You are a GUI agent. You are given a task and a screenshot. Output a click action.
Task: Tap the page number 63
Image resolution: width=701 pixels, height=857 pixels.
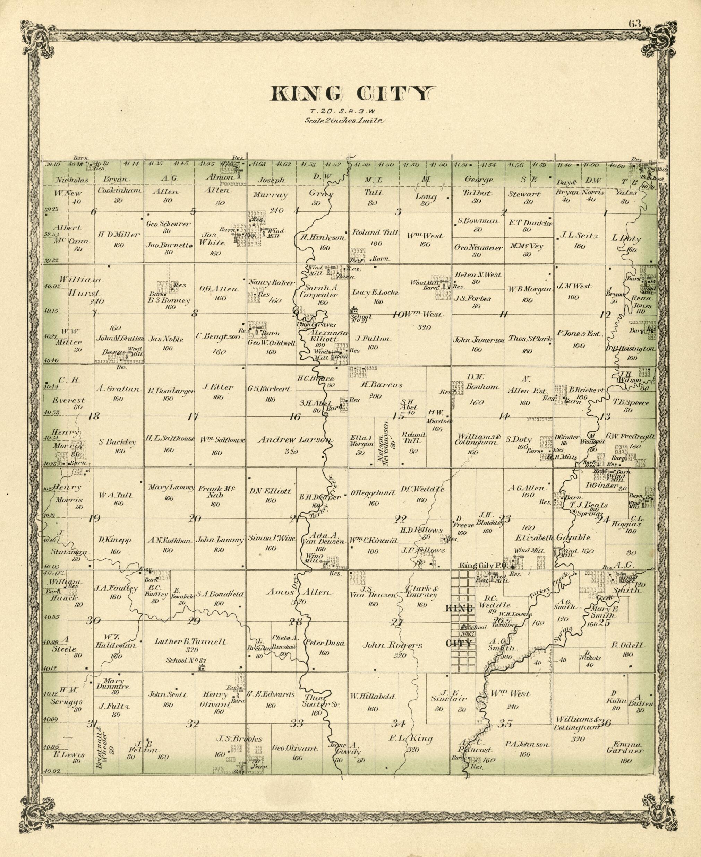(634, 24)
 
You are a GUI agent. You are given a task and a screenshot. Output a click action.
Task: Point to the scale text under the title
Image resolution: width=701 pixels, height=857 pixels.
(345, 120)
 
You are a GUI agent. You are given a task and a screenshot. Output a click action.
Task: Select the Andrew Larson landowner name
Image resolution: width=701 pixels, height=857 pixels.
(295, 440)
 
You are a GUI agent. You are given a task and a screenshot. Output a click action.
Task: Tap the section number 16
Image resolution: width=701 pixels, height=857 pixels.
(295, 417)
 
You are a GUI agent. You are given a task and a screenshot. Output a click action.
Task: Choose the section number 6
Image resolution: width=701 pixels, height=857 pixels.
(94, 211)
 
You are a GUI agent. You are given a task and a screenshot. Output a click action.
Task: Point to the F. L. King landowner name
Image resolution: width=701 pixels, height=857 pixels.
(411, 738)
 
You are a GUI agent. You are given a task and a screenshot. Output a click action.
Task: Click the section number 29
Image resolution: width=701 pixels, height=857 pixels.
(194, 621)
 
